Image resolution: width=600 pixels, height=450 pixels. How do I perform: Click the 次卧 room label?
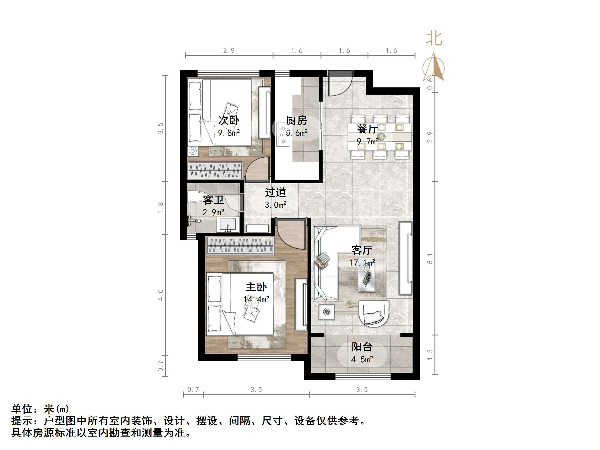tap(229, 120)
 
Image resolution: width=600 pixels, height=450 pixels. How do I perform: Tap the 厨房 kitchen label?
tap(296, 121)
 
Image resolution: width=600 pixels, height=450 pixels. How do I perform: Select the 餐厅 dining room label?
tap(367, 129)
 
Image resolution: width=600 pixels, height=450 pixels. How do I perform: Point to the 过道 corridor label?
tap(275, 192)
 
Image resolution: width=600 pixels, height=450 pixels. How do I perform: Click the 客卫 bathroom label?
tap(213, 200)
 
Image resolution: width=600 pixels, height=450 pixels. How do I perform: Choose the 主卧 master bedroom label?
tap(256, 287)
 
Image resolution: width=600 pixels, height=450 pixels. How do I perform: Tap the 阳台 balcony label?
tap(362, 347)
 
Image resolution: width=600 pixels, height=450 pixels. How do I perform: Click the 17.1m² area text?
tap(362, 263)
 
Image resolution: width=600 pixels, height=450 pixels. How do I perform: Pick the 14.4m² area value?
tap(256, 299)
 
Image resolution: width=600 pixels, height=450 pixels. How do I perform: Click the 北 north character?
tap(434, 39)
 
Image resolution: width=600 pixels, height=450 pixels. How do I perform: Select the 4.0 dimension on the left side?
tap(160, 294)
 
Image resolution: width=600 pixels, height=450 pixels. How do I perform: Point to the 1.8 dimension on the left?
tap(160, 208)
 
